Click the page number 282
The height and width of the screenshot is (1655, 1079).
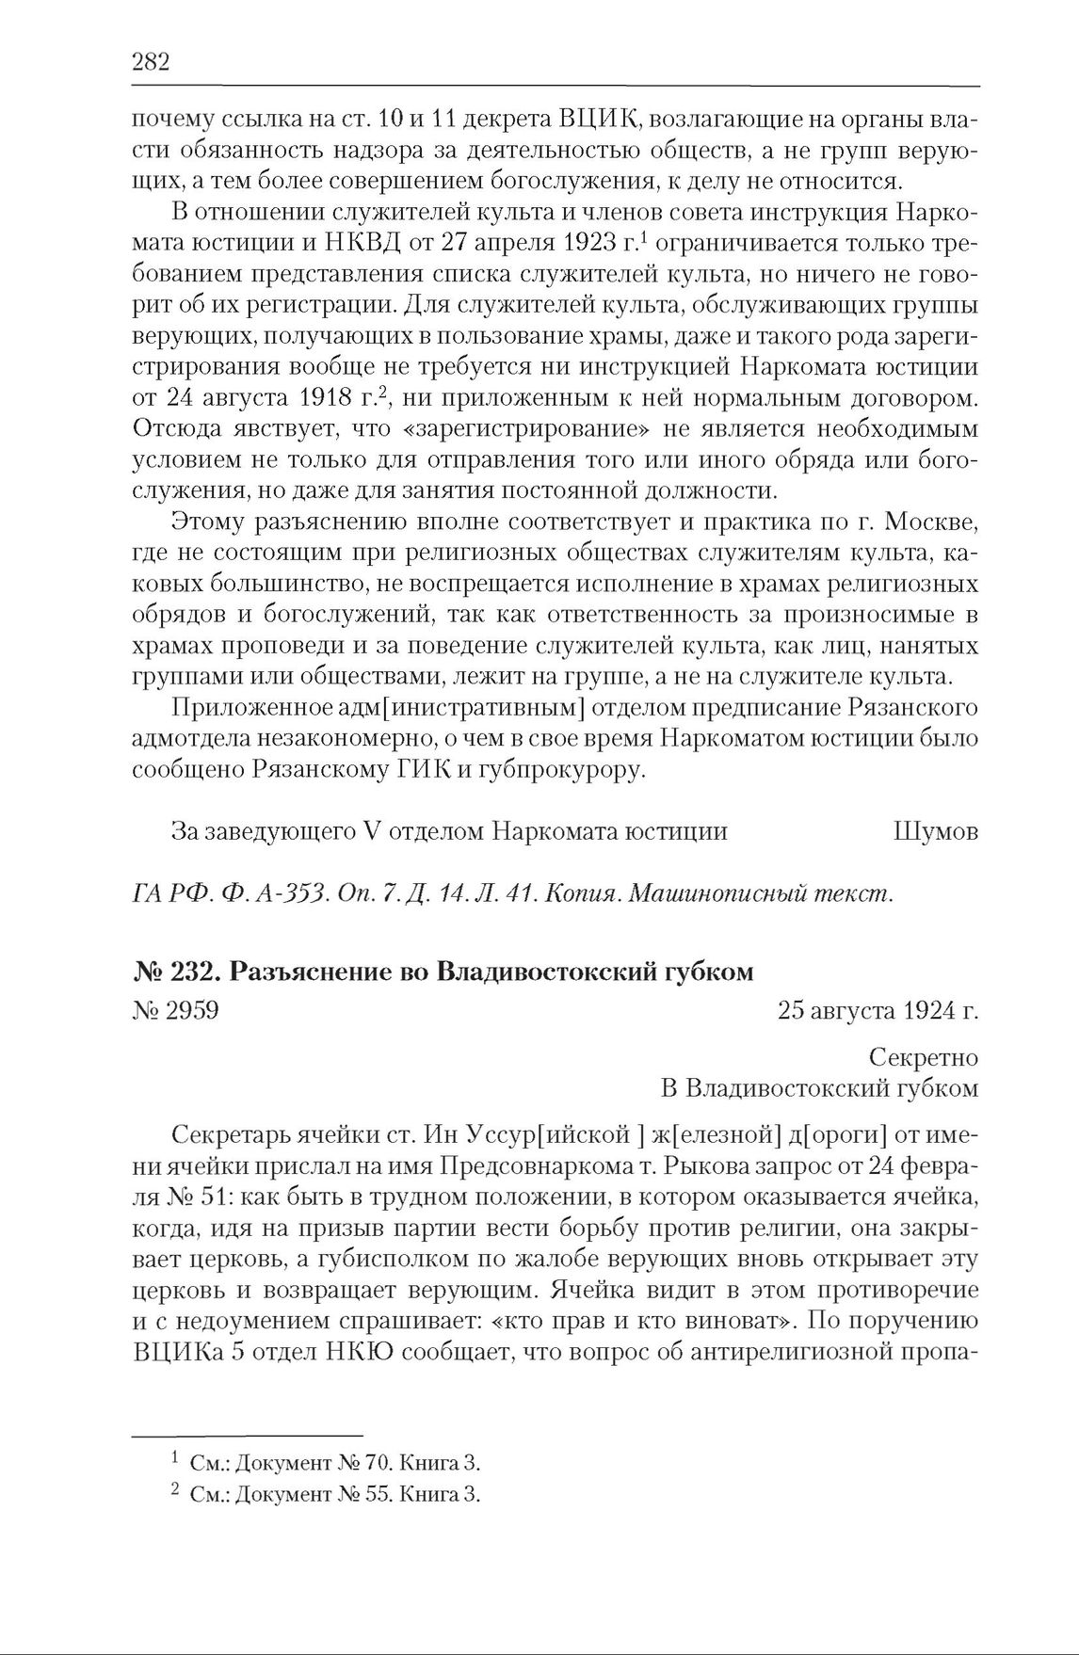150,63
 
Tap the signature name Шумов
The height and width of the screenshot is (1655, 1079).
933,831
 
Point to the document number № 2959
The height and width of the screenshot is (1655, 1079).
176,1011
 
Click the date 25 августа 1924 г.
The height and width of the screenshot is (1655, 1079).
878,1011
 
